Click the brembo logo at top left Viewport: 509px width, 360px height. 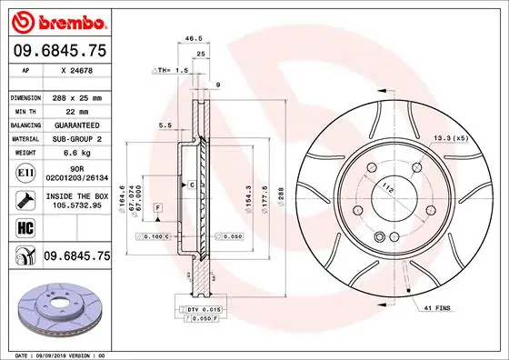59,20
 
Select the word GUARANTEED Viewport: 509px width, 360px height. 76,125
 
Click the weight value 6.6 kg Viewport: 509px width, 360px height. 72,154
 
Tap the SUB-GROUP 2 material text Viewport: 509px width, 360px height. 76,139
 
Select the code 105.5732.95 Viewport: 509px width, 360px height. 79,206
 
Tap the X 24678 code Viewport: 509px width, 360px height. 76,69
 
